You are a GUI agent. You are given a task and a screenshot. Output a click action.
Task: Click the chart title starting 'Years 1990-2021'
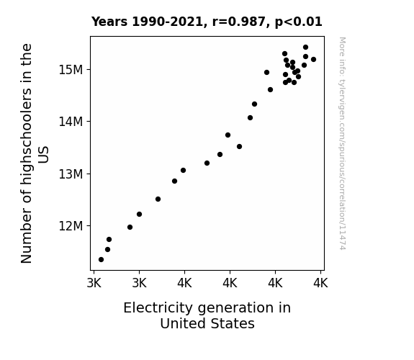coord(207,22)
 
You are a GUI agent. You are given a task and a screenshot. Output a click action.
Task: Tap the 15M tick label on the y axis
coord(71,70)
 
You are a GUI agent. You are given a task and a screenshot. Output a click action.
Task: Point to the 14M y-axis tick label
coord(71,122)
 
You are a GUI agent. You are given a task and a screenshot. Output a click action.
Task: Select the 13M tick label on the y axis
coord(71,174)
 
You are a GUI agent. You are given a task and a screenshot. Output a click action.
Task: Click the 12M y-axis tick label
coord(71,226)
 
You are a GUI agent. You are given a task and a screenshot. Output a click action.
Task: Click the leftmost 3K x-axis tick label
coord(94,283)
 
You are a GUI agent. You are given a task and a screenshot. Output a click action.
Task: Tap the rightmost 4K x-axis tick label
coord(320,283)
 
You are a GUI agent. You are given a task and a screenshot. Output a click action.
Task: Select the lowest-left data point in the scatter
coord(101,260)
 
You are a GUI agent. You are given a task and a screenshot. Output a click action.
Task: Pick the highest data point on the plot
coord(305,48)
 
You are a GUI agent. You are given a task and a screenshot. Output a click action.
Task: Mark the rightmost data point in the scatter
coord(313,60)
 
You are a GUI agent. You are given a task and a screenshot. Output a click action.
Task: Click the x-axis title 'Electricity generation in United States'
coord(207,315)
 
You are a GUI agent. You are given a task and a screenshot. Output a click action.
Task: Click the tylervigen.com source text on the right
coord(342,143)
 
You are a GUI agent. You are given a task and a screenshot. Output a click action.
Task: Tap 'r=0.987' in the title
coord(239,22)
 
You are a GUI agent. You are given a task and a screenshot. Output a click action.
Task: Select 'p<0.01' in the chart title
coord(299,22)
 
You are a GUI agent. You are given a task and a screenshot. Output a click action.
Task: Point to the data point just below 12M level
coord(130,227)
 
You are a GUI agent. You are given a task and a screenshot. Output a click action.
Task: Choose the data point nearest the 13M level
coord(183,171)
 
